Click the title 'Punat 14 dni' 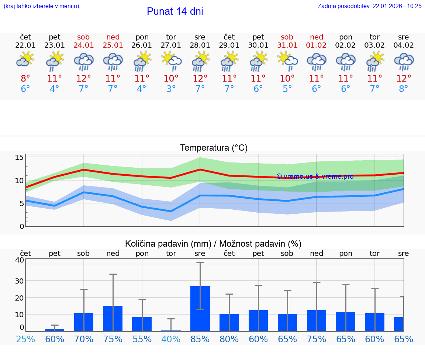175,11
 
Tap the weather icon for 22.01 25,59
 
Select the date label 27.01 171,45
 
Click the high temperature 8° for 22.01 25,78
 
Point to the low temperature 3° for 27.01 171,89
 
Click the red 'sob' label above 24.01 83,37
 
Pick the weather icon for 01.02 316,61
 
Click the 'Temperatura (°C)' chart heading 214,148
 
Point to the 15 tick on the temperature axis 20,158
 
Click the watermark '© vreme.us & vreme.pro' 315,176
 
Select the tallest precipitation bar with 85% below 200,309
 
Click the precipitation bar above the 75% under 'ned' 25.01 113,318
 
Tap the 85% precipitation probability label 200,339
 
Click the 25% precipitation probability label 25,339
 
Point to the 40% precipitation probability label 171,339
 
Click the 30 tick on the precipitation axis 19,281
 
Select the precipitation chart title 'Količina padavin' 168,244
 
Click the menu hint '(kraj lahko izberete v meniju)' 41,6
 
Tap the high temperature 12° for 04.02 404,78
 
